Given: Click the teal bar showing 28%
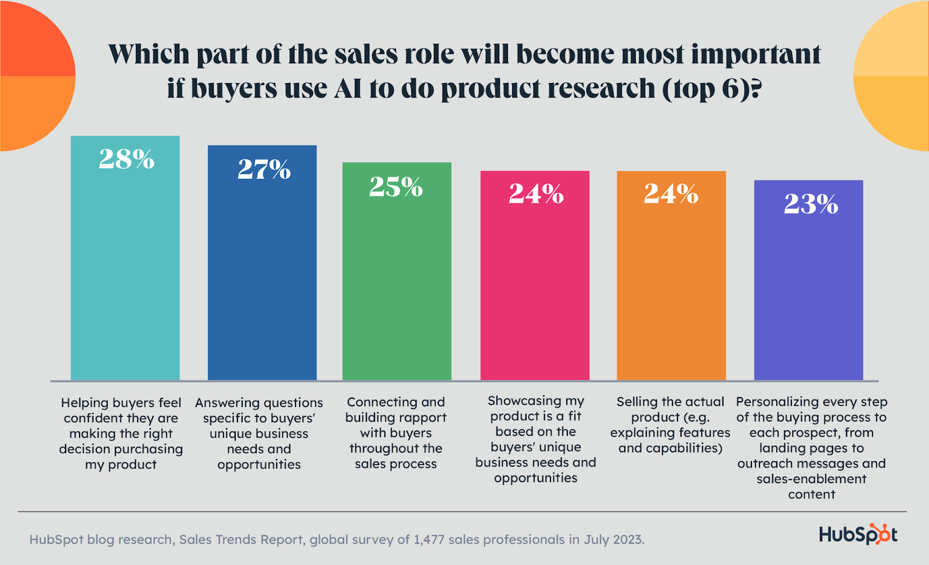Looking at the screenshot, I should [125, 273].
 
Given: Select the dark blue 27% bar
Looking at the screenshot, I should [262, 279].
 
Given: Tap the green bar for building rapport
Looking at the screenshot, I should [397, 285].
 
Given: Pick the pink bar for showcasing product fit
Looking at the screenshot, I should [535, 290].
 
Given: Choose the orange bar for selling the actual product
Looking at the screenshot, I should [671, 290].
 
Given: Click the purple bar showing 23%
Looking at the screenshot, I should [808, 296].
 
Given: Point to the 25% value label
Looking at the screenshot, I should [396, 187].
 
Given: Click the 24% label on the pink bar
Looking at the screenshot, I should [536, 194].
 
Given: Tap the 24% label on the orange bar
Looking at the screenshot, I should [671, 194].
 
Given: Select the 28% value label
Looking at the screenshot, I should [127, 159].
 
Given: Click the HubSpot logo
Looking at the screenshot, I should [858, 534].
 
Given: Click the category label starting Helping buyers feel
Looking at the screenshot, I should [121, 433].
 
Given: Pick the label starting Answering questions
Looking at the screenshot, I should [259, 433].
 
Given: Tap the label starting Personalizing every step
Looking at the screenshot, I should [812, 448].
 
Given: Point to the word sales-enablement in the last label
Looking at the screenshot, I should [812, 479].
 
